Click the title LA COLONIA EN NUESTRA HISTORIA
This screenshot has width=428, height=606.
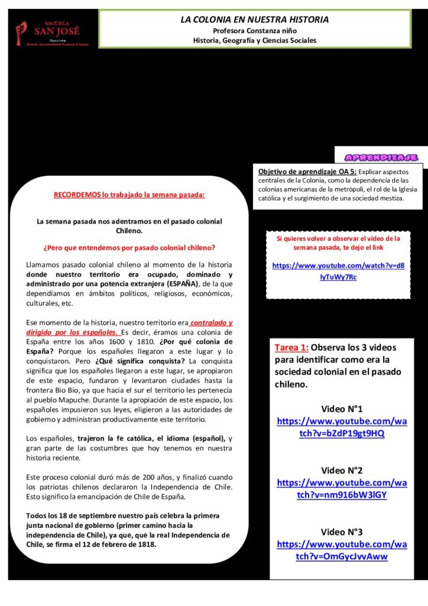(254, 20)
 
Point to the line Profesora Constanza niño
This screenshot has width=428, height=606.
(255, 30)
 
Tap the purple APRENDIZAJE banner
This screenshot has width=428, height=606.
(382, 157)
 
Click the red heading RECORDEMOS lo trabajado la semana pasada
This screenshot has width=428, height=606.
(129, 194)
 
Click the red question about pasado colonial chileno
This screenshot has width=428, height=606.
(129, 247)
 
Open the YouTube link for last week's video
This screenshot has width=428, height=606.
(338, 271)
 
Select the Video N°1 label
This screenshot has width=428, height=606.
(342, 409)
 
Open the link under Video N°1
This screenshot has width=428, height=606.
(342, 427)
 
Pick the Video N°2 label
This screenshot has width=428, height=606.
(342, 470)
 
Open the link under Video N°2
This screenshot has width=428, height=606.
(342, 489)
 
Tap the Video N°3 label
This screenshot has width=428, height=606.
(342, 531)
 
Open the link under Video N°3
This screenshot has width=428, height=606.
(342, 550)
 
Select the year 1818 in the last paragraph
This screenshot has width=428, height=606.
(145, 544)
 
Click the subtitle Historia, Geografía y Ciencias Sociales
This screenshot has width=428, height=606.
(255, 40)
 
